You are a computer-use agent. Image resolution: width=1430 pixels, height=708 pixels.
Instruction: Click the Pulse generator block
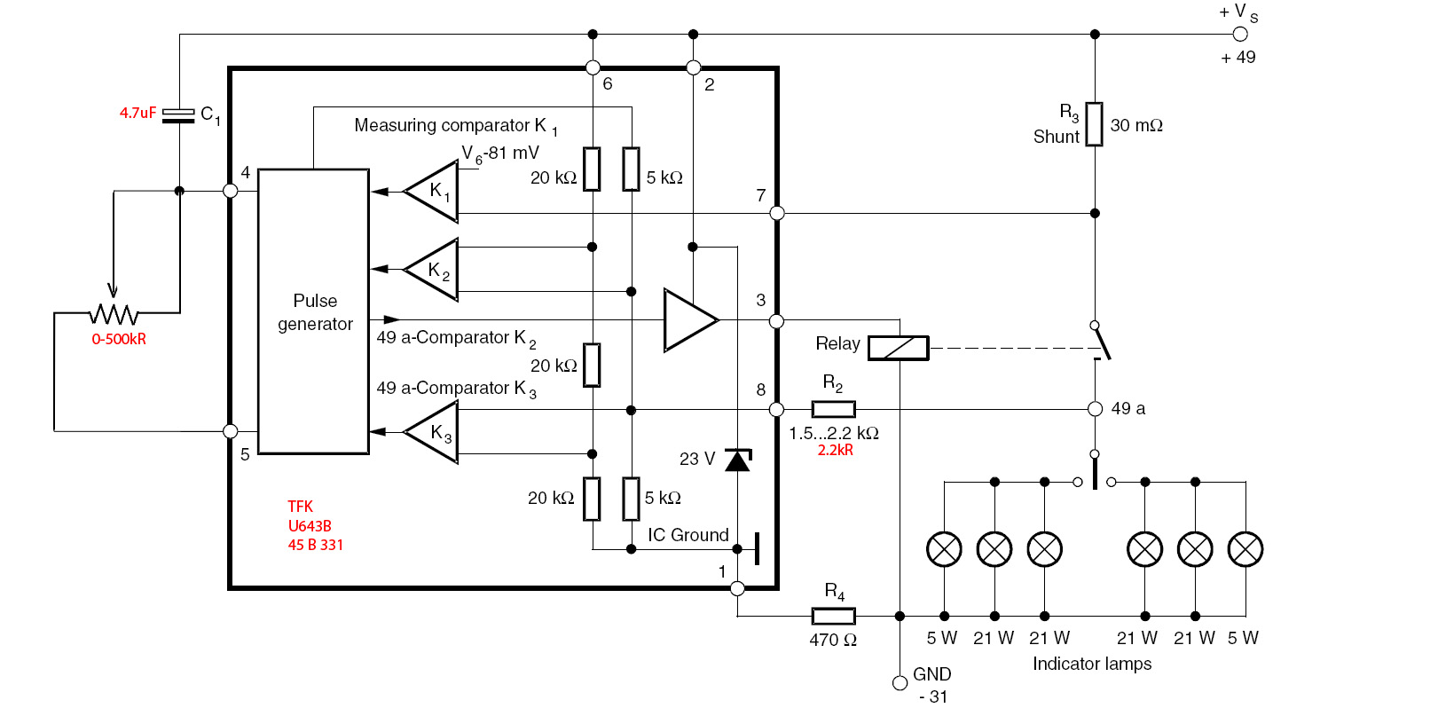pyautogui.click(x=313, y=311)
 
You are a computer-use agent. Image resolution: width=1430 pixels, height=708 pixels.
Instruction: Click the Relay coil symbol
pyautogui.click(x=898, y=348)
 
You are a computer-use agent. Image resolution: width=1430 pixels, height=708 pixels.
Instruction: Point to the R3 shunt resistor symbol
pyautogui.click(x=1095, y=124)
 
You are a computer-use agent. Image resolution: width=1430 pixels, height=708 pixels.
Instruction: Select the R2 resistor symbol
pyautogui.click(x=833, y=409)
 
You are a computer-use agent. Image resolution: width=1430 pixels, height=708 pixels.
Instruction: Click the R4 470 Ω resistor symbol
pyautogui.click(x=833, y=616)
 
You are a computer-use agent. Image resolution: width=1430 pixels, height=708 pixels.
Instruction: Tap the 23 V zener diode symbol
pyautogui.click(x=737, y=460)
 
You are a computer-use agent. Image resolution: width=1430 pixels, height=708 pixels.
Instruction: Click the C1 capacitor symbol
pyautogui.click(x=179, y=115)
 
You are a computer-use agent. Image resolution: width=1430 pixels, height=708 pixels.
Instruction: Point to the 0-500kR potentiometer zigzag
pyautogui.click(x=114, y=313)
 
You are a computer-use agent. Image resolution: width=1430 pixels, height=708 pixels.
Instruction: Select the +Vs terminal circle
pyautogui.click(x=1240, y=35)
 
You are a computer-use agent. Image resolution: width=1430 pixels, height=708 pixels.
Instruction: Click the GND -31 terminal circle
pyautogui.click(x=900, y=682)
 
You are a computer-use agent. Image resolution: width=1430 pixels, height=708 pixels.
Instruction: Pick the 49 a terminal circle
pyautogui.click(x=1095, y=409)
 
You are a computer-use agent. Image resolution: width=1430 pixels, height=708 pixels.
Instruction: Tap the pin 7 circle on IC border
pyautogui.click(x=777, y=213)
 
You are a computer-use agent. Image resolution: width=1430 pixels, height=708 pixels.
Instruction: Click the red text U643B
pyautogui.click(x=310, y=526)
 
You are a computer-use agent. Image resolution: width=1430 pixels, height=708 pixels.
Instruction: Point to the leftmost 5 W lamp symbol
pyautogui.click(x=944, y=549)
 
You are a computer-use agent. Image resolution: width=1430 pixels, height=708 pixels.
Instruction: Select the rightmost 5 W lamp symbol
pyautogui.click(x=1245, y=549)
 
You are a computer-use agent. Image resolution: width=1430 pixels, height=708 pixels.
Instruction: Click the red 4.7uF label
pyautogui.click(x=137, y=113)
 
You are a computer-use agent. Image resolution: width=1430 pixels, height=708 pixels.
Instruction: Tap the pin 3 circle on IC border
pyautogui.click(x=777, y=320)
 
